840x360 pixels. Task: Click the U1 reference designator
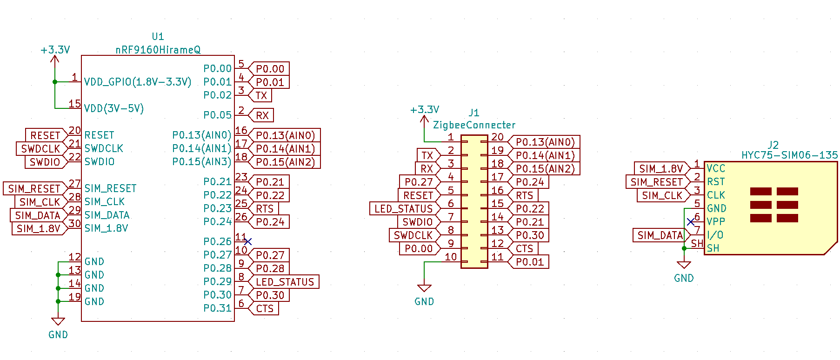[158, 36]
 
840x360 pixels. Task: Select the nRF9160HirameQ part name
[158, 50]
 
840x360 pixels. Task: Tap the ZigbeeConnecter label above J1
[474, 125]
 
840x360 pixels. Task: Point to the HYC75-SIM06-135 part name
[789, 155]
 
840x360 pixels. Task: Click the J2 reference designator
[773, 145]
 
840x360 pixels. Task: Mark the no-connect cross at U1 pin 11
[248, 241]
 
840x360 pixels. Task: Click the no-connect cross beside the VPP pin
[691, 222]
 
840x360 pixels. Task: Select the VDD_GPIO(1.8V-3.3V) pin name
[138, 82]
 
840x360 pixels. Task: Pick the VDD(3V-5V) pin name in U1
[114, 108]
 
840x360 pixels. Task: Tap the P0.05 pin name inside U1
[217, 115]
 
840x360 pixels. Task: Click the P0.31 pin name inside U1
[217, 308]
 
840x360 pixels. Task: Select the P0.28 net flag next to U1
[270, 268]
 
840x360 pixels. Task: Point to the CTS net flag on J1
[524, 249]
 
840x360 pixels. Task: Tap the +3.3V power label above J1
[424, 110]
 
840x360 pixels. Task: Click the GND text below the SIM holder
[684, 278]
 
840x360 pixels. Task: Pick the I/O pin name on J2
[715, 235]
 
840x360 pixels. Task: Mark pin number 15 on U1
[74, 104]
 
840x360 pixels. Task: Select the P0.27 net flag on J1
[419, 182]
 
